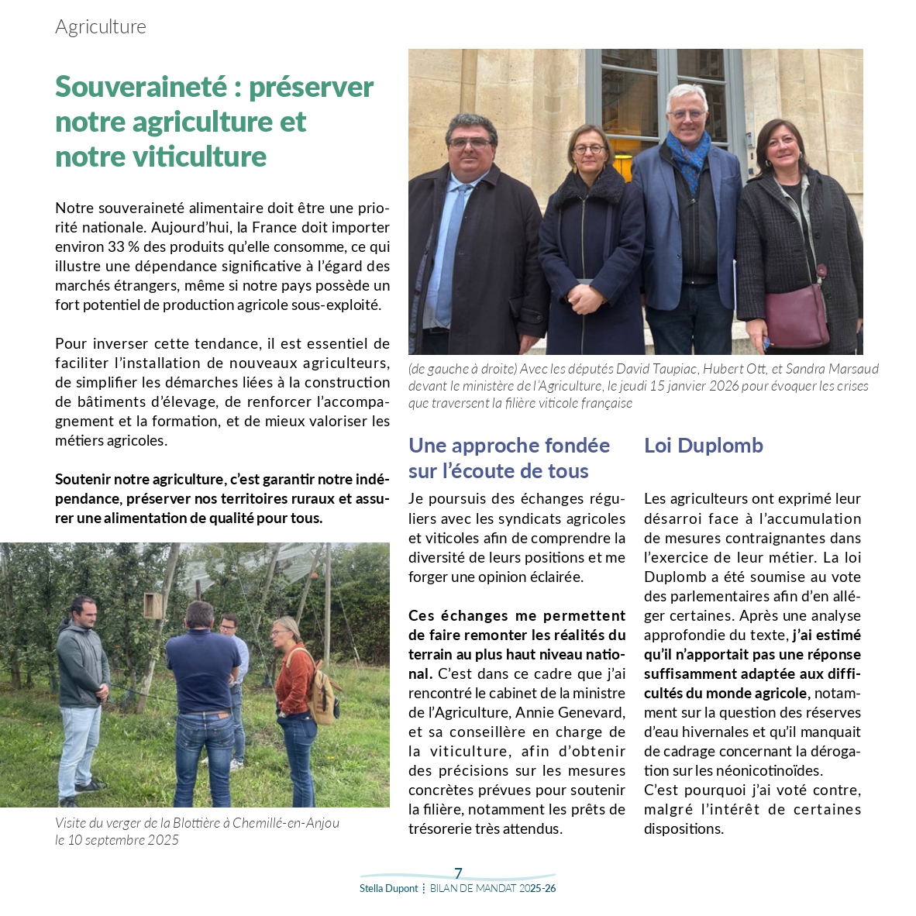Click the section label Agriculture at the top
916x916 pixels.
tap(101, 27)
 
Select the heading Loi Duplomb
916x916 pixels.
tap(704, 446)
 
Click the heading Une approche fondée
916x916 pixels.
tap(509, 446)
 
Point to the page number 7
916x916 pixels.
tap(458, 873)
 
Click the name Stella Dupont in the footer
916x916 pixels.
tap(388, 889)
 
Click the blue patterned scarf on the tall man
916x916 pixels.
tap(688, 153)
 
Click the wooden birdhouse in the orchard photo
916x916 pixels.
tap(153, 605)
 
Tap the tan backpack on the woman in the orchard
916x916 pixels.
tap(322, 689)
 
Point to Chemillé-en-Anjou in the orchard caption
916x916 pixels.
tap(286, 823)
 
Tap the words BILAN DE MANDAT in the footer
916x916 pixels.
tap(473, 889)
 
